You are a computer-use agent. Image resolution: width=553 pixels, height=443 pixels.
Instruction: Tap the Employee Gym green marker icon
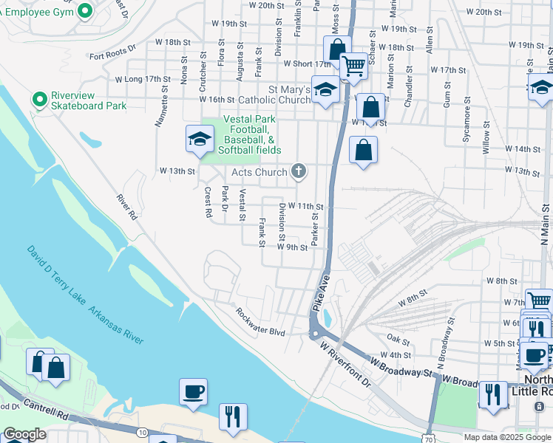coord(85,10)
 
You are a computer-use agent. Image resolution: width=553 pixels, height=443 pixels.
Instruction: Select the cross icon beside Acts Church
coord(299,172)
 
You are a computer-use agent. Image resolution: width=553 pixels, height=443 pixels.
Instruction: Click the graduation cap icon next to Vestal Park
coord(200,140)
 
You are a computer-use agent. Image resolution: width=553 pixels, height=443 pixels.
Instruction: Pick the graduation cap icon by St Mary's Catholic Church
coord(325,90)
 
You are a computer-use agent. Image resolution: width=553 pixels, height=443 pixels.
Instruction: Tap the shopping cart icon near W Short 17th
coord(354,66)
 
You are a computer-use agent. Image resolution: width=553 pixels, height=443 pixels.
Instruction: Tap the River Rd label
coord(126,207)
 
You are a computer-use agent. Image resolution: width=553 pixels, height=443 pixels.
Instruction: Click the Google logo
coord(24,434)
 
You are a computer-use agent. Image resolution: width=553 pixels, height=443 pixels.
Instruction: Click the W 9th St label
coord(292,247)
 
